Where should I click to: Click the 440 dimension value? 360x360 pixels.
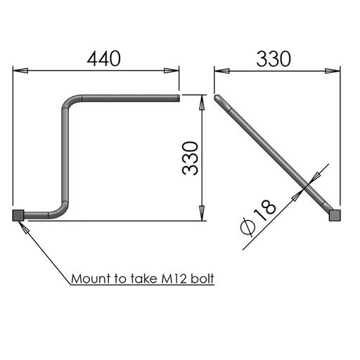tap(104, 58)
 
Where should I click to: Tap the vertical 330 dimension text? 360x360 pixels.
tap(190, 158)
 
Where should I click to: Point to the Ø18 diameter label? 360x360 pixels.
tap(258, 217)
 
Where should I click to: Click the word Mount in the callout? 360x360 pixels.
tap(91, 279)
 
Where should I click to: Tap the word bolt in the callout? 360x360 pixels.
tap(202, 278)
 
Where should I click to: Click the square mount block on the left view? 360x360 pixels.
tap(18, 215)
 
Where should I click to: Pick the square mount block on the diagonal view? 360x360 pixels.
tap(335, 215)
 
